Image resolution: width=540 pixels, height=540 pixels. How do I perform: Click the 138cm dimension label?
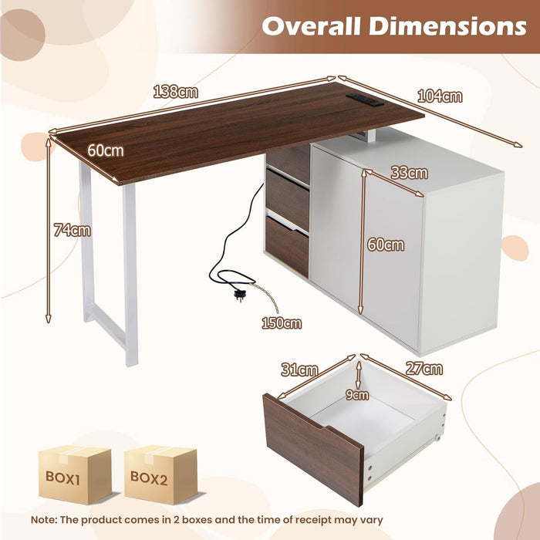pyautogui.click(x=176, y=92)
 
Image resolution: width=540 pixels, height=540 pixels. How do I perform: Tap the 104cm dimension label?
pyautogui.click(x=440, y=96)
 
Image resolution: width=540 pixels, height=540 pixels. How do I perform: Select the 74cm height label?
pyautogui.click(x=73, y=230)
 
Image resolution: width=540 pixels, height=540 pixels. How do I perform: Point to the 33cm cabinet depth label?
pyautogui.click(x=410, y=173)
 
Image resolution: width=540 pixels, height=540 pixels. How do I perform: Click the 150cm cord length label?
pyautogui.click(x=282, y=323)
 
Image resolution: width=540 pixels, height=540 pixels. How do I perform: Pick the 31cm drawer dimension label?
pyautogui.click(x=299, y=370)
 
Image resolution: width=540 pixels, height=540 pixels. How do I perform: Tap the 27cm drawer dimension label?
pyautogui.click(x=424, y=369)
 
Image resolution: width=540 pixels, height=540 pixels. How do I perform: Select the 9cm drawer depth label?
pyautogui.click(x=357, y=395)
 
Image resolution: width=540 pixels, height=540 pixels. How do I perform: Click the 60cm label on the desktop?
pyautogui.click(x=106, y=150)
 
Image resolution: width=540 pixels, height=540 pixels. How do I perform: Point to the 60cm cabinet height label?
pyautogui.click(x=386, y=245)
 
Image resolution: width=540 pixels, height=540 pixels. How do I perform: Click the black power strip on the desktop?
pyautogui.click(x=365, y=100)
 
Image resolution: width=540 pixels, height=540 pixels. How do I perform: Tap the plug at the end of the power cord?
pyautogui.click(x=239, y=295)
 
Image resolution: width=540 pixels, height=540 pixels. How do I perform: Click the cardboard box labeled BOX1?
pyautogui.click(x=75, y=475)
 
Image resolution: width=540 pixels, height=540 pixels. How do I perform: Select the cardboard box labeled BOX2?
pyautogui.click(x=160, y=475)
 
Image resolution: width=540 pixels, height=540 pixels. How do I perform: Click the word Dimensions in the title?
pyautogui.click(x=447, y=26)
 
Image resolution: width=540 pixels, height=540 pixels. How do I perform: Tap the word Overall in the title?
pyautogui.click(x=311, y=26)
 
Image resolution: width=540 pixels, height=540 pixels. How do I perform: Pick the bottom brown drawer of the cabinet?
pyautogui.click(x=287, y=246)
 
